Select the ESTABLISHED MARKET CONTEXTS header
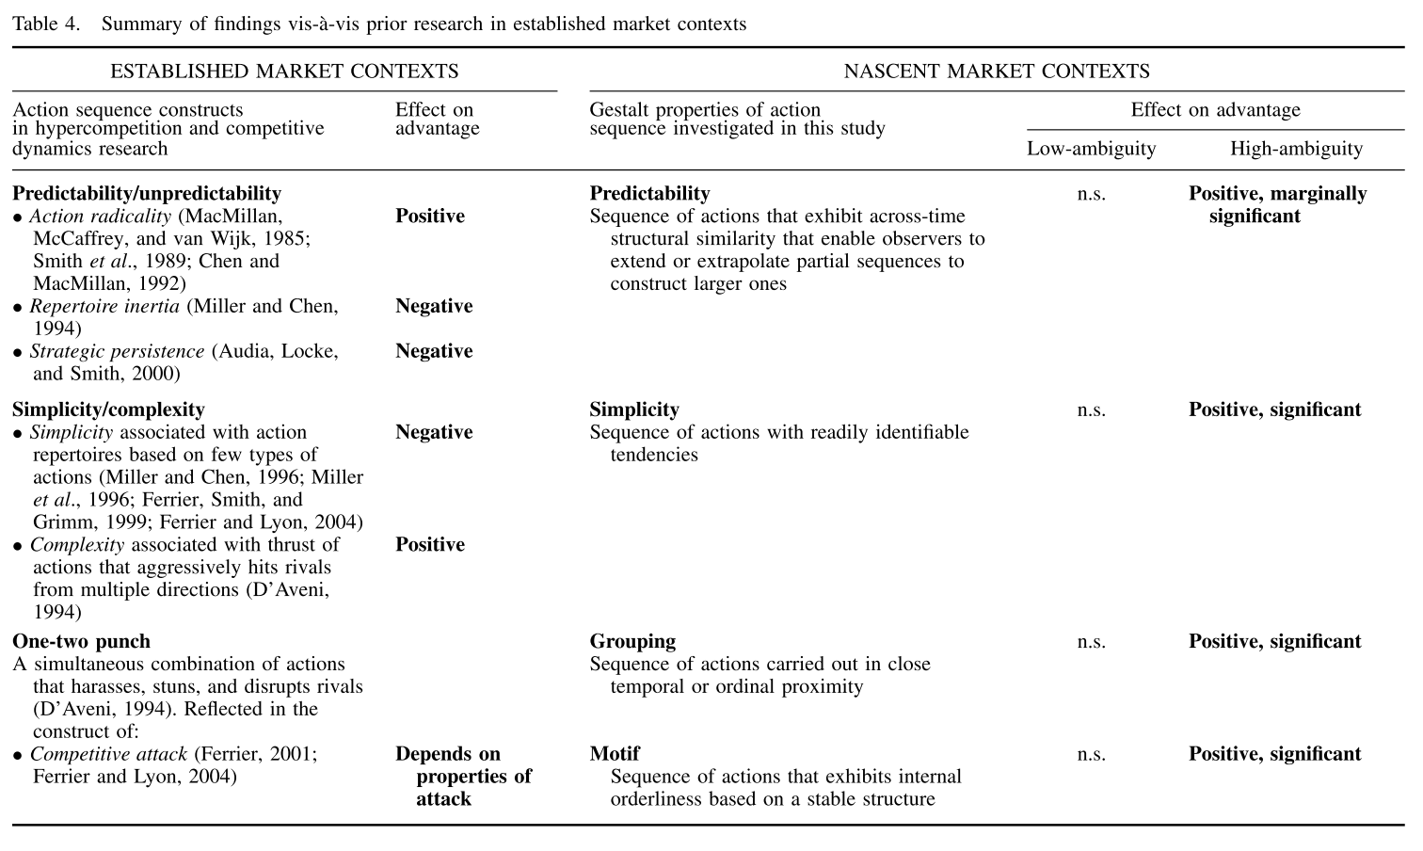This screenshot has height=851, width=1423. coord(284,72)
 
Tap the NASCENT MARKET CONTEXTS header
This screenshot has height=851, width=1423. coord(997,72)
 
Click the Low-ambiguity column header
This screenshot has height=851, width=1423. coord(1091,149)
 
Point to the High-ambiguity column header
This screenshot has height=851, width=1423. coord(1296,149)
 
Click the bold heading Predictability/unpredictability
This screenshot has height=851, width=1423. coord(147,194)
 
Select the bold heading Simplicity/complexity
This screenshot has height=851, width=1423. coord(108,409)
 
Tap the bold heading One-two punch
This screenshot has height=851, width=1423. coord(81,642)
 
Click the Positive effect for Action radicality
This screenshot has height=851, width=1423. coord(430,217)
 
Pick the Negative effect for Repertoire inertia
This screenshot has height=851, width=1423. coord(434,307)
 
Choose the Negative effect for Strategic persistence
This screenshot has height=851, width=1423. coord(434,351)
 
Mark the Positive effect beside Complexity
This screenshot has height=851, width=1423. coord(430,545)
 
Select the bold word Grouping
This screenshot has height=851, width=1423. coord(632,642)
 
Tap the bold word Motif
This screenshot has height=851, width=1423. coord(615,754)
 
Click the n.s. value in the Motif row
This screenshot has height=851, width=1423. coord(1091,754)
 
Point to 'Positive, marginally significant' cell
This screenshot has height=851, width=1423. coord(1277,205)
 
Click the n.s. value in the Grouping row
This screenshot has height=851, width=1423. coord(1091,642)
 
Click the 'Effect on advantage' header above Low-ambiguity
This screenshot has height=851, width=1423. coord(1215,110)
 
